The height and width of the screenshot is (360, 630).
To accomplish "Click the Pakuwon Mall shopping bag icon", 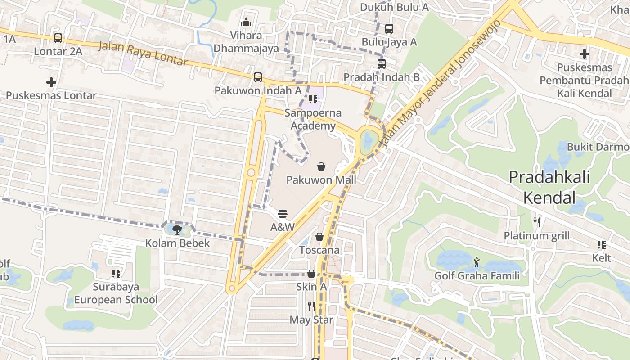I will [x=321, y=167].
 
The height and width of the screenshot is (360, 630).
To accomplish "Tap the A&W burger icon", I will [x=283, y=213].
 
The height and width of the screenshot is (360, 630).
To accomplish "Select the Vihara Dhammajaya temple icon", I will [x=246, y=22].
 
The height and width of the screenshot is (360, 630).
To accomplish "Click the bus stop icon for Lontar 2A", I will [x=58, y=38].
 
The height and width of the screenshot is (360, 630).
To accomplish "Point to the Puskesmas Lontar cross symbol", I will [x=51, y=82].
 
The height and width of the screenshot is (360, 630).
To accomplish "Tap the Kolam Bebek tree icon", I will [x=177, y=230].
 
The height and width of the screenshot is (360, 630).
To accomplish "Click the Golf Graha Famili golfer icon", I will [x=477, y=262].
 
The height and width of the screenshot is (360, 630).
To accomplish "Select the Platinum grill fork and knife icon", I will [x=536, y=222].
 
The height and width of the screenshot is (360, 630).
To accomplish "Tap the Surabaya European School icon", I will [x=116, y=273].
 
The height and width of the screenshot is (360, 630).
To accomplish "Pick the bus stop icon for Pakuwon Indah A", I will [x=258, y=77].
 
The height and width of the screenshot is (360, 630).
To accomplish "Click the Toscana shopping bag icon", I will [x=319, y=237].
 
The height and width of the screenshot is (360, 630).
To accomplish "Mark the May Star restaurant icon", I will [x=311, y=306].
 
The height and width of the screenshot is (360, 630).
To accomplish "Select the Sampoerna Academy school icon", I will [x=313, y=99].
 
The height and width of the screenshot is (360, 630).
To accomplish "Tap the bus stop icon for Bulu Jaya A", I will [x=389, y=29].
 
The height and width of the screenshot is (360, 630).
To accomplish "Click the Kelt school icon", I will [x=601, y=245].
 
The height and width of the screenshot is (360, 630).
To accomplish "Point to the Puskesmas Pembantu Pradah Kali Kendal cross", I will [x=584, y=54].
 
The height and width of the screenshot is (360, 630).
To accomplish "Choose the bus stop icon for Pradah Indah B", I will [x=382, y=64].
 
